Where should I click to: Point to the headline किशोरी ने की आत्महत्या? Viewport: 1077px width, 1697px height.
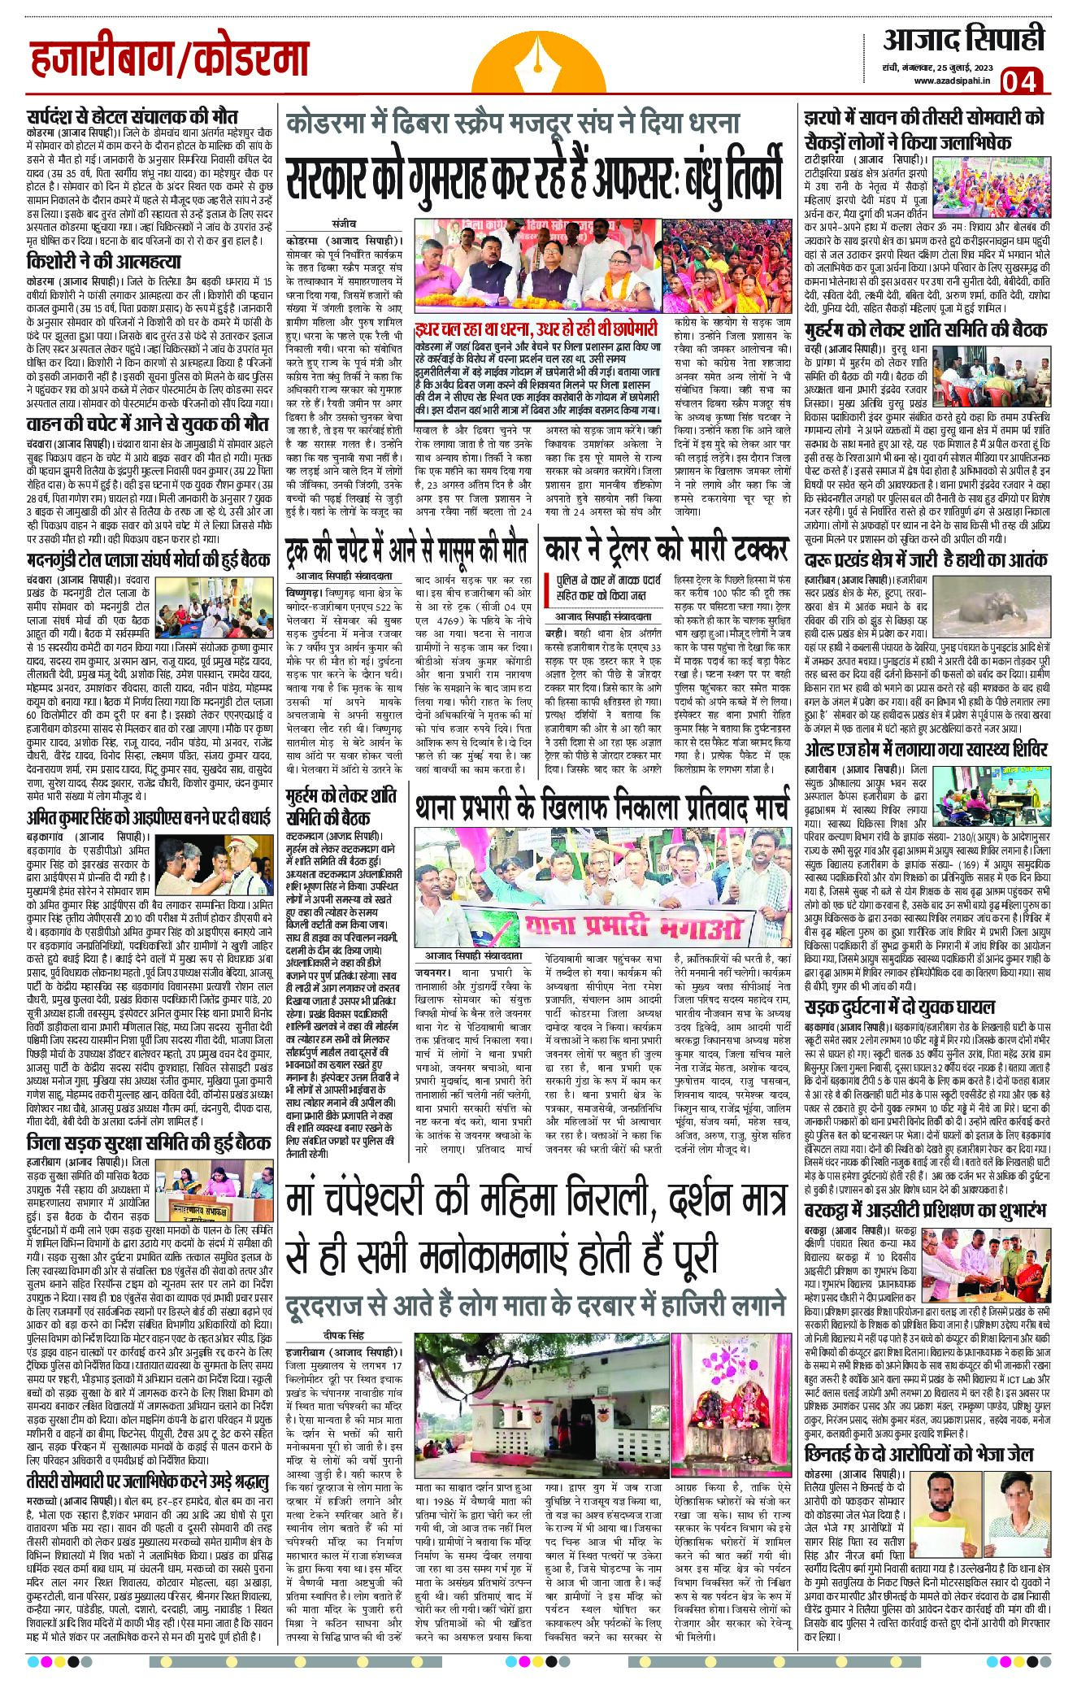[x=103, y=262]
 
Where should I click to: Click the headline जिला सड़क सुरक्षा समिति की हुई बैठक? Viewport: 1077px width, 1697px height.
[x=148, y=1142]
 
